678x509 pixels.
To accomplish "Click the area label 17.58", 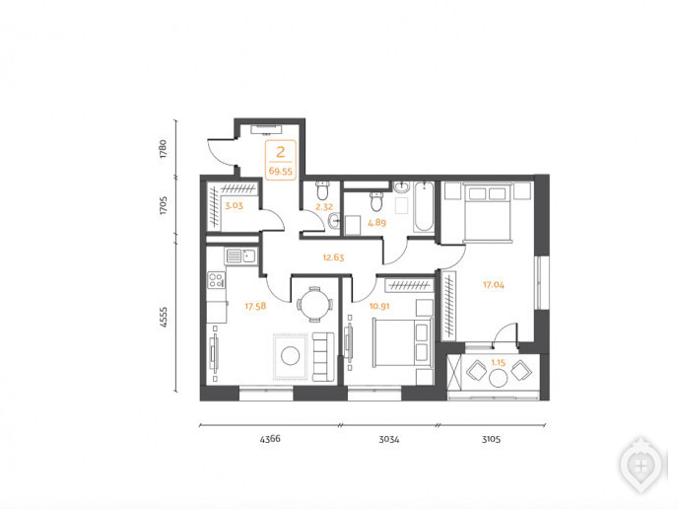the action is (x=255, y=307).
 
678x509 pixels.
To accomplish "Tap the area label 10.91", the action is (x=379, y=307).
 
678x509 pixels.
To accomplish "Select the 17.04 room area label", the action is (x=494, y=285).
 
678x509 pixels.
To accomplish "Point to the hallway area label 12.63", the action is (x=333, y=257).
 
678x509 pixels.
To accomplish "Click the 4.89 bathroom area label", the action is (x=376, y=223).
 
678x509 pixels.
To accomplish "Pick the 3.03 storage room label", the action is (x=234, y=205).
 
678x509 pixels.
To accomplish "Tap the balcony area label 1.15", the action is (x=498, y=363).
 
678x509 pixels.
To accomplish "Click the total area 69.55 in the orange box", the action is (x=281, y=171).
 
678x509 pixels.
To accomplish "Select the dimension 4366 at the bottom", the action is (x=270, y=439).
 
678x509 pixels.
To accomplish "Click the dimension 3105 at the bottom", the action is (x=491, y=439).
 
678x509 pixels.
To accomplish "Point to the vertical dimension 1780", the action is (x=163, y=148).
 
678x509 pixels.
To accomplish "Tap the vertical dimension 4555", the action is (x=163, y=317).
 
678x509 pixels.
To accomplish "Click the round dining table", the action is (x=315, y=304).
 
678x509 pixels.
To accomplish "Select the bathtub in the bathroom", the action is (x=424, y=207).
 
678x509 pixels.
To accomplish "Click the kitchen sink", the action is (x=240, y=255).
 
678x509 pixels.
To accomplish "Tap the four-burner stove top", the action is (x=216, y=279).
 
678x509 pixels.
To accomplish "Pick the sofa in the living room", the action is (x=323, y=357).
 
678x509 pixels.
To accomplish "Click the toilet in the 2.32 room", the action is (x=322, y=190).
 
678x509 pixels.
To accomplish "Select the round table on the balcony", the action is (x=498, y=378).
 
